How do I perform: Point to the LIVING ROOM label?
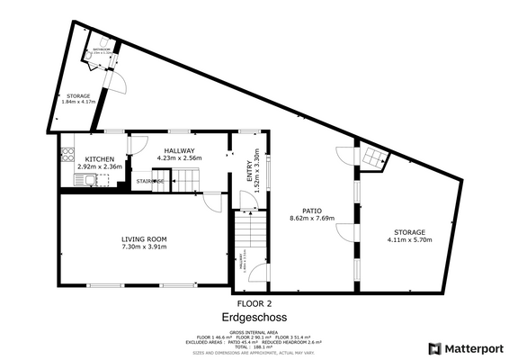[145, 239]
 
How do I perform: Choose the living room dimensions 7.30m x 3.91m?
[145, 247]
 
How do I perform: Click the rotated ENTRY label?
[251, 172]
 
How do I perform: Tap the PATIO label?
[312, 210]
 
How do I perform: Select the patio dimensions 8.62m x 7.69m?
[312, 218]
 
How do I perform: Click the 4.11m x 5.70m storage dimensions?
[406, 240]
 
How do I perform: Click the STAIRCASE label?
[149, 182]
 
